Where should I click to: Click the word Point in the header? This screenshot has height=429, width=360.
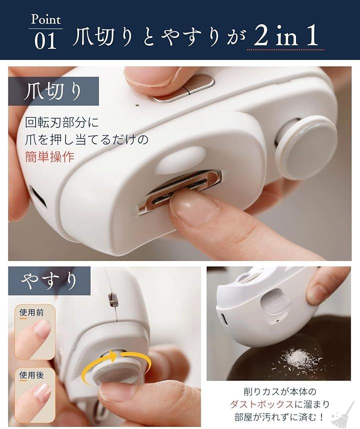pos(45,19)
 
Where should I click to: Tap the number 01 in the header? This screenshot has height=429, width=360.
pos(45,41)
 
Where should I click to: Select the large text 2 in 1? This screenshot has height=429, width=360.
pos(285,35)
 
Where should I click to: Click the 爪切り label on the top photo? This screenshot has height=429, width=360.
pos(53,91)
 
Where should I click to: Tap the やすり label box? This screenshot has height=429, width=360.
pos(49,280)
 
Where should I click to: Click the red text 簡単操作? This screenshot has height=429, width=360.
pos(50,157)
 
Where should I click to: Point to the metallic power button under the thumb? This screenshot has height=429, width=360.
pos(183,88)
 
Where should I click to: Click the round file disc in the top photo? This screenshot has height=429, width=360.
pos(306,147)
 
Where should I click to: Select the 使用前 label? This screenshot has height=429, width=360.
pos(31,312)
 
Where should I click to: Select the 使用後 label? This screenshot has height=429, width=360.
pos(31,375)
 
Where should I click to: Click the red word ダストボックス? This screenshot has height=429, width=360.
pos(261,404)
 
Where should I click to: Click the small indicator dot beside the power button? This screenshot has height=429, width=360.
pos(137,104)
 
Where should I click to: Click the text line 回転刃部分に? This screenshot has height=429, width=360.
pos(62,122)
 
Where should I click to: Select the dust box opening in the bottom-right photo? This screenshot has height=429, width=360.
pos(275,303)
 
